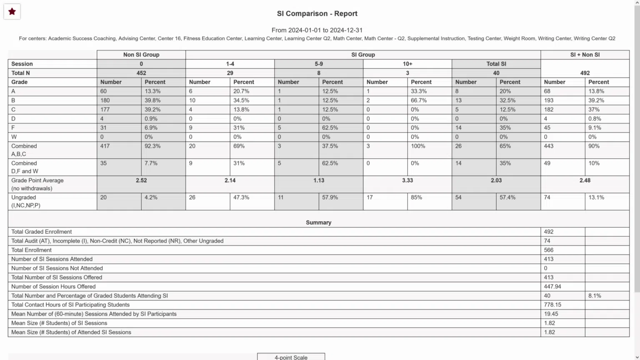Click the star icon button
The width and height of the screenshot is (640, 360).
[x=12, y=12]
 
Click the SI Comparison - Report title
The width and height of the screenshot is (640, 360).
[x=317, y=14]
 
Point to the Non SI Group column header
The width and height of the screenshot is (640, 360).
[x=141, y=55]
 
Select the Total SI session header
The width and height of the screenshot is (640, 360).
[x=496, y=64]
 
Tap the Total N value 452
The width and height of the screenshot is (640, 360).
[x=141, y=73]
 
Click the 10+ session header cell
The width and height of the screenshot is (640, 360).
[x=407, y=64]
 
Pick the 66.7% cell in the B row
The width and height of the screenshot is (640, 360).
[x=419, y=100]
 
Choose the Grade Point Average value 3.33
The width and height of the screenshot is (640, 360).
[x=407, y=180]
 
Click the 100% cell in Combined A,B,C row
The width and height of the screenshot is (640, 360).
[x=418, y=146]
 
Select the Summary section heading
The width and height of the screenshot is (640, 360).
[x=318, y=222]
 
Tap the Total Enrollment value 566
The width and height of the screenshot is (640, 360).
[x=549, y=250]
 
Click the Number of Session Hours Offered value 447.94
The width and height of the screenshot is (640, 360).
[x=552, y=287]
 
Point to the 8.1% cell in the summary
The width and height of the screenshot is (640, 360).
[x=595, y=296]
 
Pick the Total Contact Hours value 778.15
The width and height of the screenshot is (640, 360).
[x=552, y=305]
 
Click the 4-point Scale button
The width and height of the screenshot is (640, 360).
[x=291, y=357]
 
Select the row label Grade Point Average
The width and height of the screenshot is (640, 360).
[x=37, y=180]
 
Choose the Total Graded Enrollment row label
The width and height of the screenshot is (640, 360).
[x=42, y=232]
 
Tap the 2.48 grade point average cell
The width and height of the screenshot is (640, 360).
[x=585, y=180]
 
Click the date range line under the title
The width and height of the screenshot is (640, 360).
[x=317, y=30]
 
